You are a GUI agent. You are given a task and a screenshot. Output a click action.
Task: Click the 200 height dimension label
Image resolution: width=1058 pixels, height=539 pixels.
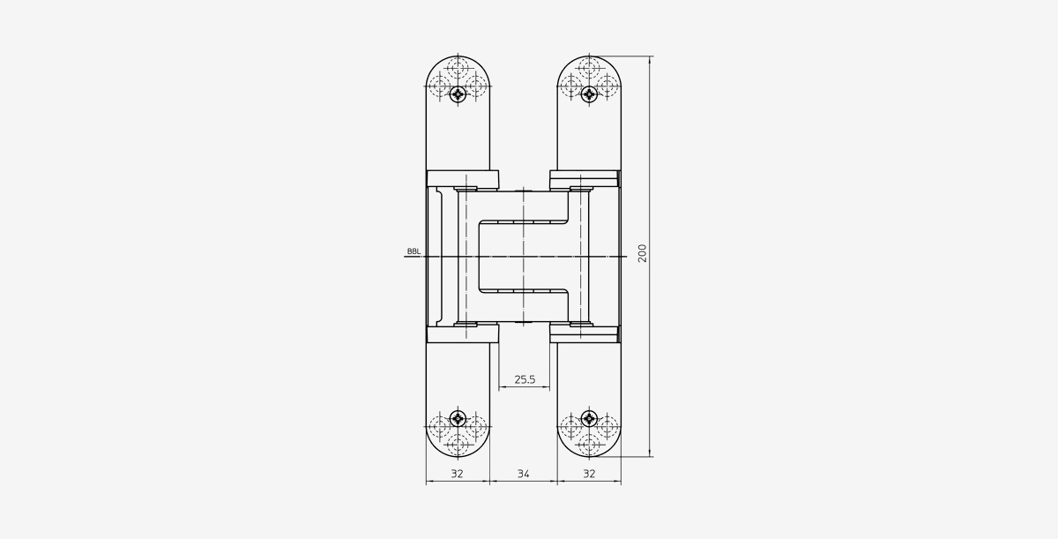coord(642,253)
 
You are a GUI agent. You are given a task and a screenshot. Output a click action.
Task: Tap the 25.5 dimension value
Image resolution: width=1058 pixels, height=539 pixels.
coord(525,379)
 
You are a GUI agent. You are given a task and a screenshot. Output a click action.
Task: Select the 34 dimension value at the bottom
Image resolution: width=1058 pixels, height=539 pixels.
coord(524,474)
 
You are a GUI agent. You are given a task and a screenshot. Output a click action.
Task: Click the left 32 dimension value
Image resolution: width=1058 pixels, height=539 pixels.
coord(458,474)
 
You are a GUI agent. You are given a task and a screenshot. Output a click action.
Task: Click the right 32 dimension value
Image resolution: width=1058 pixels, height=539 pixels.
coord(589,474)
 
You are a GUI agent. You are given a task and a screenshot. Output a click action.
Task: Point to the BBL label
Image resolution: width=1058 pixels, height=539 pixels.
coord(414,251)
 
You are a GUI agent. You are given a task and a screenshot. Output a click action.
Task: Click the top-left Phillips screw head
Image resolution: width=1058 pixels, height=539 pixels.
coord(458,94)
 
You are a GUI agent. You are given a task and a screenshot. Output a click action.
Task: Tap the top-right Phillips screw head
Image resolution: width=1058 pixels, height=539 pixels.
coord(589,94)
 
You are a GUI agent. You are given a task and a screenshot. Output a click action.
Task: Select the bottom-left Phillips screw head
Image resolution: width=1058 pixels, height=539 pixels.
coord(458,418)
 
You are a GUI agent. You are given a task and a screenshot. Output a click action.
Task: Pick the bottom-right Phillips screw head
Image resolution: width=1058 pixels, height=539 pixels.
coord(589,418)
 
